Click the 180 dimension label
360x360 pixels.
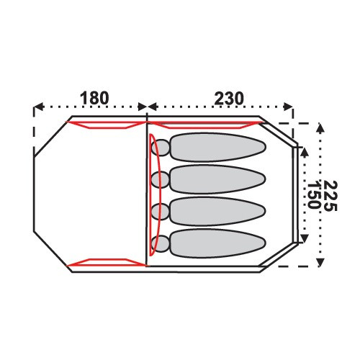94,98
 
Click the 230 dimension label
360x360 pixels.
229,99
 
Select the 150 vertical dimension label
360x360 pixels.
314,196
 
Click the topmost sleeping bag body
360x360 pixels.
217,147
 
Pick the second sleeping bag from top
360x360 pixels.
217,179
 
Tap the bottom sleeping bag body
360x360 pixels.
217,243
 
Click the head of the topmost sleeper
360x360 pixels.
161,148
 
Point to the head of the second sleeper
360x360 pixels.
161,179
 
